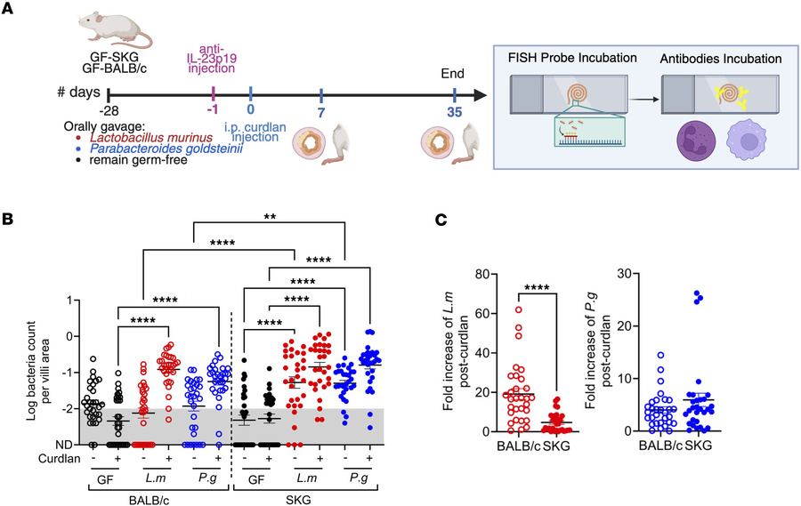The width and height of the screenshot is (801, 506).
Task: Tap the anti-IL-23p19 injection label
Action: click(x=214, y=58)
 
